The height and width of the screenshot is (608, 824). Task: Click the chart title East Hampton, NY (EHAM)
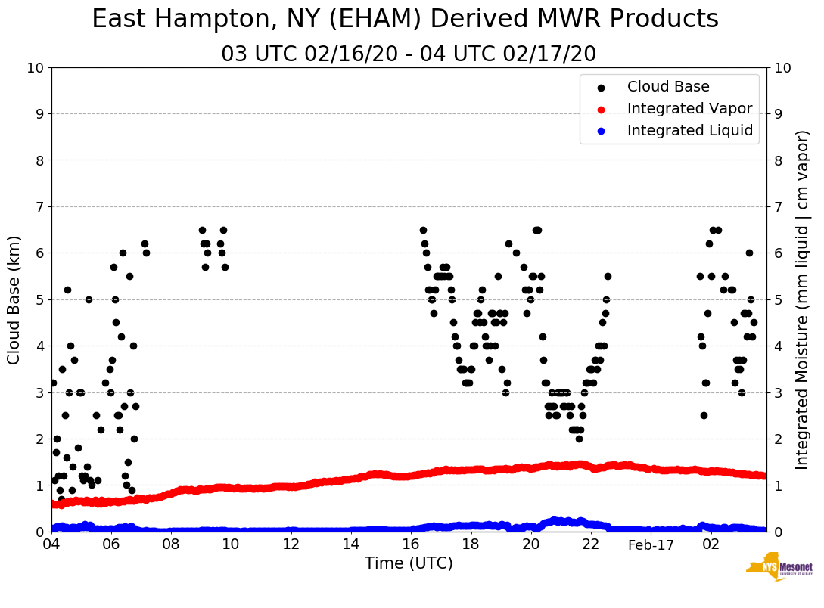[x=405, y=20]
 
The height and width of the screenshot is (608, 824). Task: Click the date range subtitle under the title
[x=409, y=54]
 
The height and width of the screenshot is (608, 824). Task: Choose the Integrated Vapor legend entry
[x=689, y=109]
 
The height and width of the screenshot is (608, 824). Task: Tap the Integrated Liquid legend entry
[x=690, y=131]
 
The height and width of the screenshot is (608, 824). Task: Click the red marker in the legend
[x=601, y=109]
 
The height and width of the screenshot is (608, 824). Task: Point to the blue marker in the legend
[x=601, y=131]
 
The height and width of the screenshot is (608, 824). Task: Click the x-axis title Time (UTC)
[x=409, y=563]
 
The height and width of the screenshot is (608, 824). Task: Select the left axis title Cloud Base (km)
[x=14, y=299]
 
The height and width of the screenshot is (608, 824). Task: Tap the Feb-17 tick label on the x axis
[x=651, y=544]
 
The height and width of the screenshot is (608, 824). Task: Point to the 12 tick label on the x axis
[x=291, y=544]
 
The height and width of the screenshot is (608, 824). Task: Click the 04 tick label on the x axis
[x=51, y=544]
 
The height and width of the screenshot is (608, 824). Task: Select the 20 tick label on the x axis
[x=531, y=544]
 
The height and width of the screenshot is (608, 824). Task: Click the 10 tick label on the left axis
[x=35, y=68]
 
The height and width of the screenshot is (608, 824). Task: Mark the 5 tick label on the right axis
[x=779, y=300]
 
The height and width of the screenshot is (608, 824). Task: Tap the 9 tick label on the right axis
[x=779, y=114]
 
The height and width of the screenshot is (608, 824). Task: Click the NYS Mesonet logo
[x=779, y=568]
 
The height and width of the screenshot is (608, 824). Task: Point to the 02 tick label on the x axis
[x=711, y=544]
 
